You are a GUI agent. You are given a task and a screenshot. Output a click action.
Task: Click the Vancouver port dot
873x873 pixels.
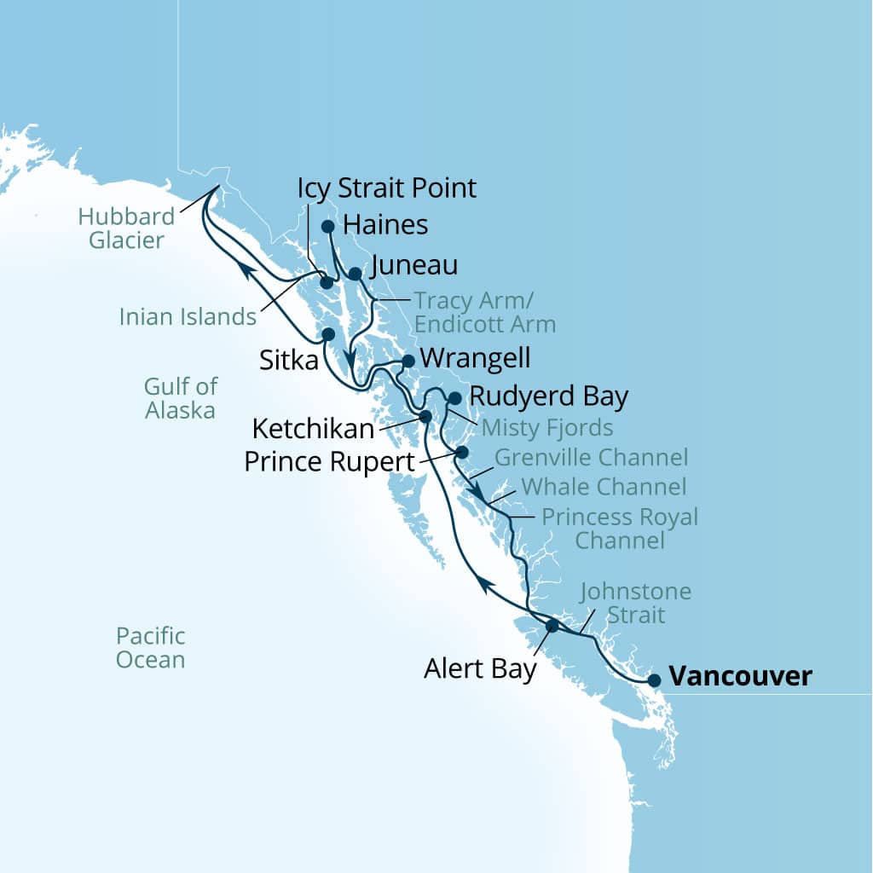click(654, 680)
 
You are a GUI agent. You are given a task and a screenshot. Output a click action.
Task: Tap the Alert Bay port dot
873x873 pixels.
click(552, 626)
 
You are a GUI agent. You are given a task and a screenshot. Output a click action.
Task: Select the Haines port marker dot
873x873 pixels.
click(327, 226)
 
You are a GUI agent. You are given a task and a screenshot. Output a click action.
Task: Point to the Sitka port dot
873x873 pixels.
click(327, 334)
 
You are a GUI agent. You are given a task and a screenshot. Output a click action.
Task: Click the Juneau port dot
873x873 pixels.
click(356, 274)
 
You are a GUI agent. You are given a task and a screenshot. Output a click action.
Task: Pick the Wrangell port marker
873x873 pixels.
click(408, 361)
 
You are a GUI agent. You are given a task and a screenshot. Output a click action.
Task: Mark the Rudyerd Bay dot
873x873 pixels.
click(454, 398)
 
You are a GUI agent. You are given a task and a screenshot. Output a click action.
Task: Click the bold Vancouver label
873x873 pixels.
click(740, 677)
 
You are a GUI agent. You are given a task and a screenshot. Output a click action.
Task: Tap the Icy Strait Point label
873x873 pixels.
click(387, 188)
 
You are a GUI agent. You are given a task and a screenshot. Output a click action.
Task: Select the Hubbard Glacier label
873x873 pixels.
click(126, 228)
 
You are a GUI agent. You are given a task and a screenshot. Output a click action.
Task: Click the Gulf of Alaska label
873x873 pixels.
click(179, 399)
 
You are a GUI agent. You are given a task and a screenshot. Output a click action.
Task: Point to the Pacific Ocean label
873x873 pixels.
click(150, 647)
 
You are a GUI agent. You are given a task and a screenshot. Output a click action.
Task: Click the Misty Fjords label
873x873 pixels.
click(547, 425)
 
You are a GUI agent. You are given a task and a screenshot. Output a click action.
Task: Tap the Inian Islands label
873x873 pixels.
click(188, 316)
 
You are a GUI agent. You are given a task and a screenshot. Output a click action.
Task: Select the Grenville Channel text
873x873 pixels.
click(591, 457)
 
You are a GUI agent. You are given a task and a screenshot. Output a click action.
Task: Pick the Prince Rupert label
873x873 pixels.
click(329, 461)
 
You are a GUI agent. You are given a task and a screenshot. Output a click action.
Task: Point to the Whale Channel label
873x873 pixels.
click(603, 487)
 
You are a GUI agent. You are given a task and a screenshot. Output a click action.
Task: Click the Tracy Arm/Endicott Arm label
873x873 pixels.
click(484, 312)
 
